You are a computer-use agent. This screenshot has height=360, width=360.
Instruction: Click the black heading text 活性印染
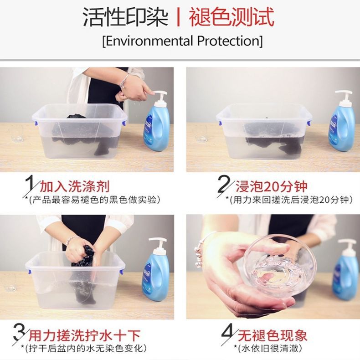pos(125,17)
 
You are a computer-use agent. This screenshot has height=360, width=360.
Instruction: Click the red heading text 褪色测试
pos(231,17)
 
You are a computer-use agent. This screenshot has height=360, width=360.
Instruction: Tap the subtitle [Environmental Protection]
pos(183,41)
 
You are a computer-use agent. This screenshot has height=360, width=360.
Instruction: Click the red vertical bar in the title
pos(178,17)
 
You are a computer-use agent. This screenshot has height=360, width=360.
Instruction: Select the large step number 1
pos(29,185)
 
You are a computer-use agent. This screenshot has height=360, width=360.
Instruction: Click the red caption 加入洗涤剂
pos(75,186)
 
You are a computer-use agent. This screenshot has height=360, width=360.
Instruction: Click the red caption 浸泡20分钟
pos(272,186)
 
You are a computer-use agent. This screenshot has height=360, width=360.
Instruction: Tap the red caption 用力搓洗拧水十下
pos(84,336)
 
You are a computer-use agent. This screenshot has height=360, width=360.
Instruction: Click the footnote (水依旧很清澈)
pos(267,349)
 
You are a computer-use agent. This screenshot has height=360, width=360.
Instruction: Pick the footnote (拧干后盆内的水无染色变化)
pos(84,349)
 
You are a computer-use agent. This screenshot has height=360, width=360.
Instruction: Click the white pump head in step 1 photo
pos(160,97)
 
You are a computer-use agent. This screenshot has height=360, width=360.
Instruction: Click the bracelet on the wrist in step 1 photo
pos(123,80)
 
